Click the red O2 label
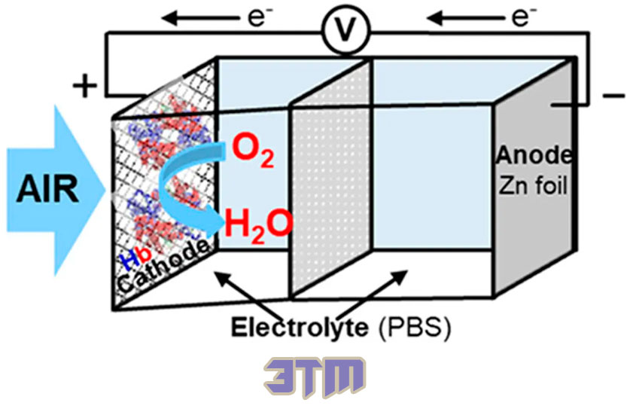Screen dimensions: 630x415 [253, 153]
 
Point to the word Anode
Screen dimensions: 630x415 [534, 156]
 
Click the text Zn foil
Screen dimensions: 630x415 [533, 186]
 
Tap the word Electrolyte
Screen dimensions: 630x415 [300, 328]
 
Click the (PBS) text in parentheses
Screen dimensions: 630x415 [415, 328]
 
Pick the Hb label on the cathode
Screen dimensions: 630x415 [136, 258]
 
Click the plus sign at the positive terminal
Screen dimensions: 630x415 [85, 86]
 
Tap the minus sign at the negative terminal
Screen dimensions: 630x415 [614, 96]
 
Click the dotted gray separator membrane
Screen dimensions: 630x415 [330, 179]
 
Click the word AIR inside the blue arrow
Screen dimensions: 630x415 [47, 190]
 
